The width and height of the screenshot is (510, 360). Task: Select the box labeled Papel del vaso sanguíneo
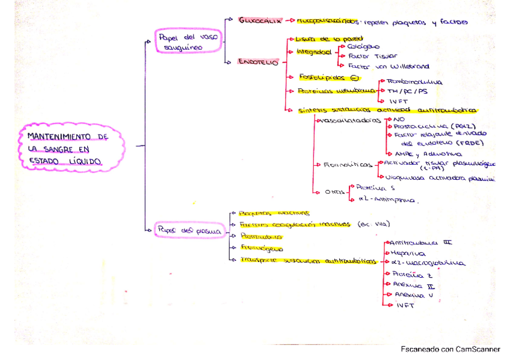[x=188, y=43]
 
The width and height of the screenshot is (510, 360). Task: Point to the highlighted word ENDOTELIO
[x=258, y=61]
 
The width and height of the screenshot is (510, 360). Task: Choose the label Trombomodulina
[x=416, y=82]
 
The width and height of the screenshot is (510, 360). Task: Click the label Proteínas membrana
[x=328, y=91]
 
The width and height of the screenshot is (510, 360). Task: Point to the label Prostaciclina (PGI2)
[x=425, y=126]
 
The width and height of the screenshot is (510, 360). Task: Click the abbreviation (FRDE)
[x=469, y=143]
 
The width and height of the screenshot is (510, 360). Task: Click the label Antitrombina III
[x=421, y=243]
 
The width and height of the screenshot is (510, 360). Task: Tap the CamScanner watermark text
[x=450, y=349]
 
